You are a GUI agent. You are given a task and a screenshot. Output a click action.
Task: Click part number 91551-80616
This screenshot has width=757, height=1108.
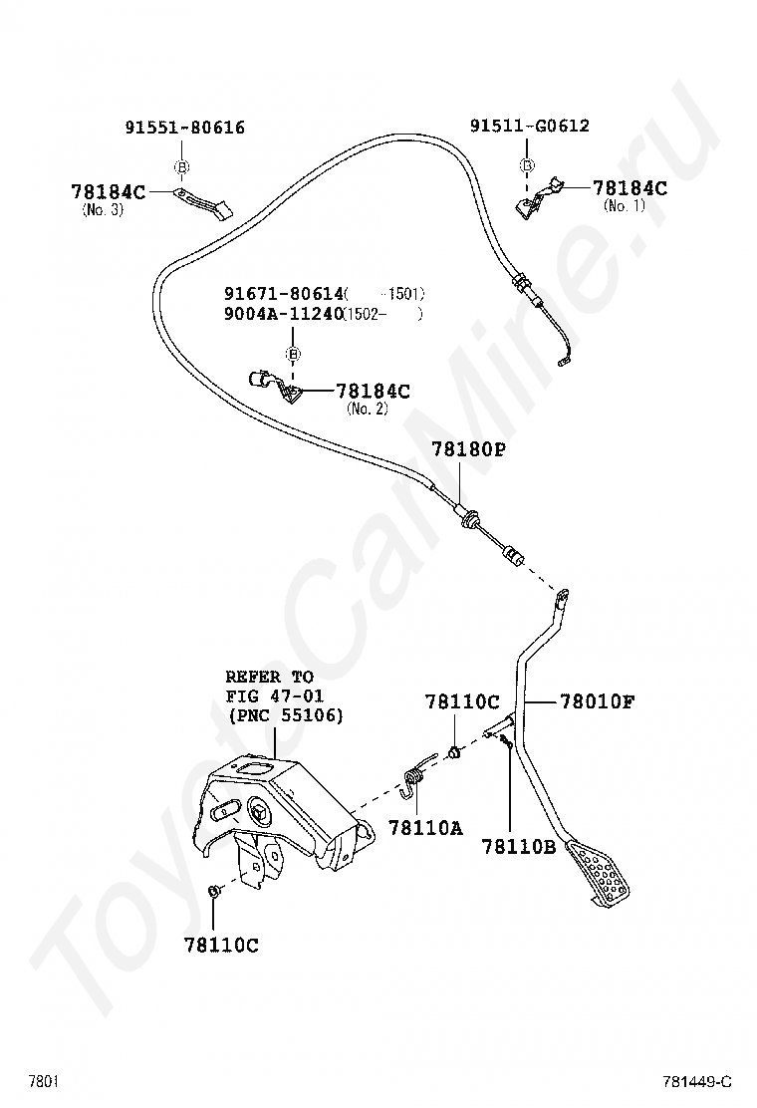click(x=184, y=128)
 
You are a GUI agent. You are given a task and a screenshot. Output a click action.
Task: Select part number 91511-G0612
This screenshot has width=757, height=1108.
click(x=529, y=126)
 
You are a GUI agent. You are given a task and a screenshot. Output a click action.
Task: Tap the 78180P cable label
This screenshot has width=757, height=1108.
click(x=468, y=449)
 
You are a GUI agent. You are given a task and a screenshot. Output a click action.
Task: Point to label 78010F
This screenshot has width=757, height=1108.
click(x=597, y=702)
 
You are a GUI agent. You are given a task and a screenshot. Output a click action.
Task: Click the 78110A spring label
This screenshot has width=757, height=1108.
click(x=425, y=827)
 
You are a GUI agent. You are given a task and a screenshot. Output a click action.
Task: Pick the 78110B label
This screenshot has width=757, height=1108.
click(x=519, y=846)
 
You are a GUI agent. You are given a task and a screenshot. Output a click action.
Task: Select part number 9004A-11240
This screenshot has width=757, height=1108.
click(x=282, y=314)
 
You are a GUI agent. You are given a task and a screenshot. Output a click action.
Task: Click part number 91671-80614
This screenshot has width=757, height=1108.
click(x=282, y=294)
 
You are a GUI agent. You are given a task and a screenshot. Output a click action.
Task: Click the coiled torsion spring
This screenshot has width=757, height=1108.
click(x=416, y=775)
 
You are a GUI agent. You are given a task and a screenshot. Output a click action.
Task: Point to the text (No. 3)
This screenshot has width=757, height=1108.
click(x=103, y=210)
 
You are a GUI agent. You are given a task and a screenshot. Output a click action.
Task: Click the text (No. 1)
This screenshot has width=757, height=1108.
click(x=625, y=205)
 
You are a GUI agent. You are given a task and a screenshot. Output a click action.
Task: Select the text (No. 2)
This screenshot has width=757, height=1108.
click(x=367, y=409)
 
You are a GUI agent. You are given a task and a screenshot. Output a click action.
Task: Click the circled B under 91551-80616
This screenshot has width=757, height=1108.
click(x=182, y=166)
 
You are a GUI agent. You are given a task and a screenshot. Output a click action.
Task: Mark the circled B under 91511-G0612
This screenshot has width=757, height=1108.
click(x=528, y=165)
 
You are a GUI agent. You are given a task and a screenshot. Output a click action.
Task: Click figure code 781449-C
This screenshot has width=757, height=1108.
click(x=697, y=1081)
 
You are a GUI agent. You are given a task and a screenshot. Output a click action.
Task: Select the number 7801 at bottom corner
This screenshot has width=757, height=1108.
click(x=43, y=1081)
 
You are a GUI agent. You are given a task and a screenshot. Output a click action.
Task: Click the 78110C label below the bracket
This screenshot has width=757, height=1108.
click(x=221, y=945)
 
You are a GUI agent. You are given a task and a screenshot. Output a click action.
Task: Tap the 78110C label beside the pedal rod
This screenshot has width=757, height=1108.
click(x=462, y=702)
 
